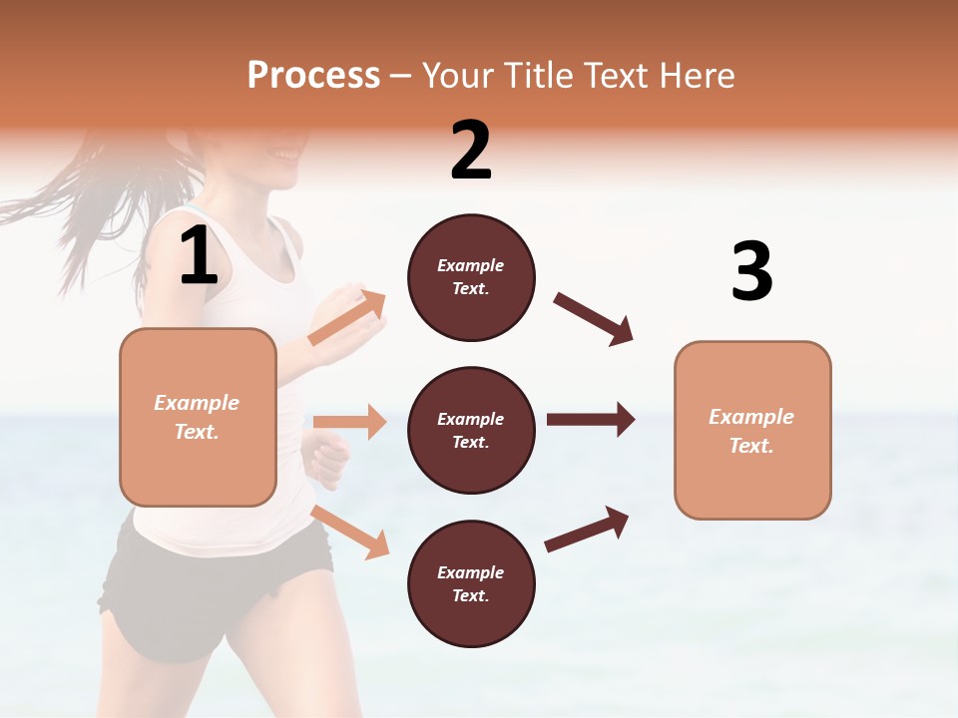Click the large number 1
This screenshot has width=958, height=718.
pos(199,256)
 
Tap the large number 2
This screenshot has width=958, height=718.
pos(471,151)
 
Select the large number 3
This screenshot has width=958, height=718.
pos(751,271)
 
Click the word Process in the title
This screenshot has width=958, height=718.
pos(313,75)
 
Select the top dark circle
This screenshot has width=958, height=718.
pos(471,277)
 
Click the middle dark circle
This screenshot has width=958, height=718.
pos(471,430)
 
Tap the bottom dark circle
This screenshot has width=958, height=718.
pos(471,583)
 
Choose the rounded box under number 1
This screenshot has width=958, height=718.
pos(198,417)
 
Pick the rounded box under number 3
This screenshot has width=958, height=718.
pos(752,430)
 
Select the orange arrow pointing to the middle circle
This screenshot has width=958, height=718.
pos(349,422)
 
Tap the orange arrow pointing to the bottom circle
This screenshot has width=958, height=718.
pos(350,532)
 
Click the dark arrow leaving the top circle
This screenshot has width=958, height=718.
pos(593,319)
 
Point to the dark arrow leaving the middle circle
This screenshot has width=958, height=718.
pos(590,419)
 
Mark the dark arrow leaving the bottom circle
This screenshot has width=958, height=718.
pos(587,530)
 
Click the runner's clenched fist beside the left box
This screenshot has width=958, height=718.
pos(326,459)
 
